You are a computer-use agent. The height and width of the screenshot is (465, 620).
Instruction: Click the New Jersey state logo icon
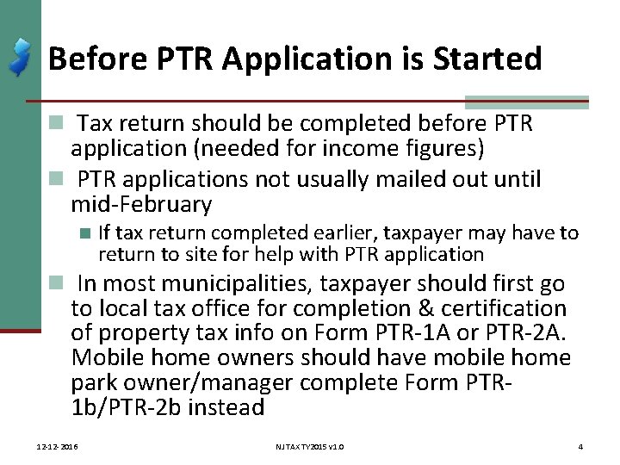(x=20, y=57)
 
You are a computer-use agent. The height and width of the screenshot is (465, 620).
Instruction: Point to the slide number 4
(x=581, y=447)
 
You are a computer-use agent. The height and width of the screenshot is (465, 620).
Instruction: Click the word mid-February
(x=141, y=205)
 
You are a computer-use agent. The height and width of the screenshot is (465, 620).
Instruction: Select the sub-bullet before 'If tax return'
(x=84, y=233)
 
